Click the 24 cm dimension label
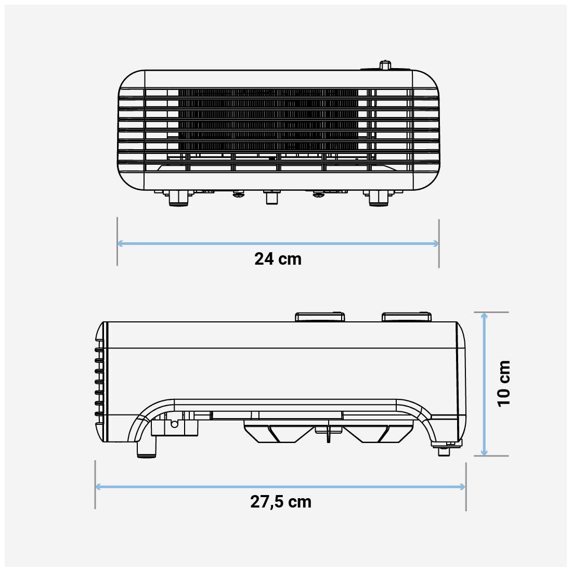tap(278, 259)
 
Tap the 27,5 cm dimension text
tap(281, 502)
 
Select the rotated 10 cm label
tap(503, 383)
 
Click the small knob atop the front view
tap(385, 65)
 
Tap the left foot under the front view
tap(178, 198)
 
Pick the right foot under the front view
tap(378, 198)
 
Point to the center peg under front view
tap(271, 198)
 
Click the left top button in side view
tap(320, 317)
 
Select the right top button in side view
tap(406, 317)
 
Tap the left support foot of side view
tap(147, 447)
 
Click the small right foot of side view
tap(444, 450)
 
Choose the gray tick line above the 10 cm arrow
tap(491, 313)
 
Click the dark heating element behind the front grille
tap(268, 120)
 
